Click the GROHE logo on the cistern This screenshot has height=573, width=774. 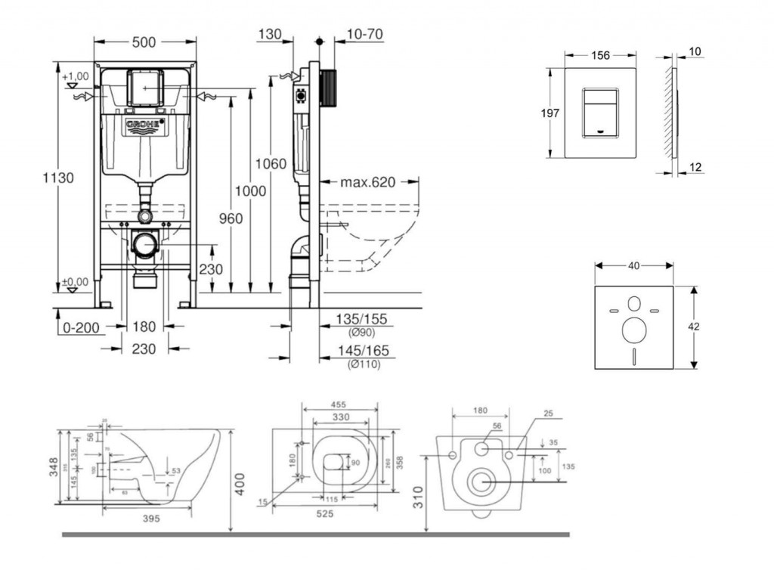(x=144, y=125)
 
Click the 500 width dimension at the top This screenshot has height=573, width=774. (x=144, y=43)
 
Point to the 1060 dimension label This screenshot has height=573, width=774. (x=271, y=164)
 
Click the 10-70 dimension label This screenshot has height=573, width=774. (x=364, y=34)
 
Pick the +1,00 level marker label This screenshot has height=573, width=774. (x=76, y=76)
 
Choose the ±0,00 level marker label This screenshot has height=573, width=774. (x=75, y=282)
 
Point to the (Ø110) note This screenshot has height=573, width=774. (x=364, y=364)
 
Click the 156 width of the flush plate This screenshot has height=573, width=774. (x=600, y=55)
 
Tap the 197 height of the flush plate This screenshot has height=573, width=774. (x=551, y=113)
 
